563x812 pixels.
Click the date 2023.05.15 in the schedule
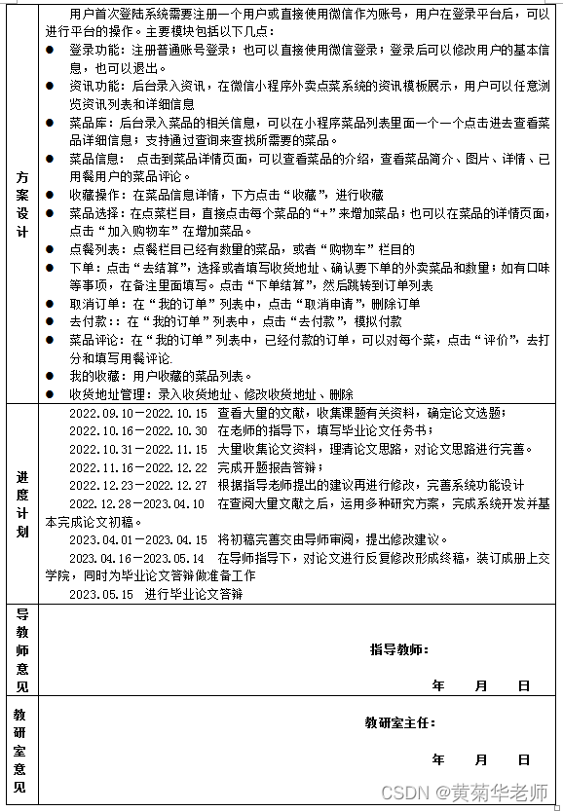click(100, 594)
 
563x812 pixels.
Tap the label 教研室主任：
click(400, 723)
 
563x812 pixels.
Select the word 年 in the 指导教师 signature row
click(437, 686)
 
